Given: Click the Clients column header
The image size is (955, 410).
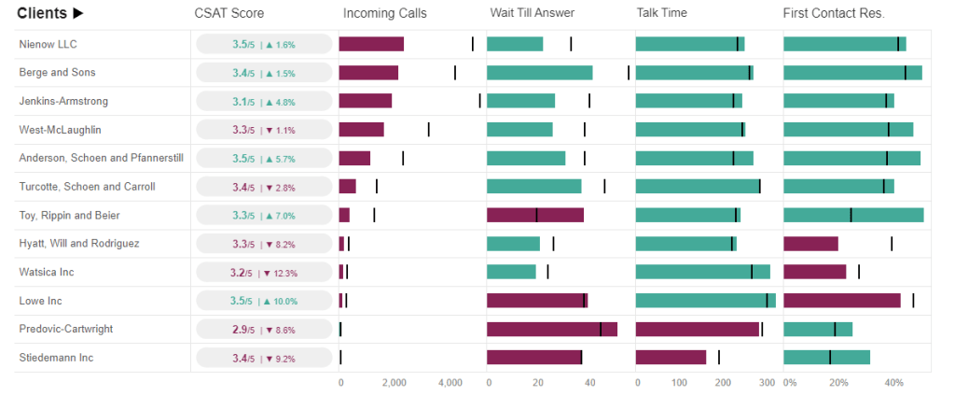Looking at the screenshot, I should pyautogui.click(x=50, y=13).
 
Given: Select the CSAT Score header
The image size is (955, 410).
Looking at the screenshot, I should pyautogui.click(x=228, y=13).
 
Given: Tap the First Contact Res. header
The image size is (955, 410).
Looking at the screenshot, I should pyautogui.click(x=834, y=13).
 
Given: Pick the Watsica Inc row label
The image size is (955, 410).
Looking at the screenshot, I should pyautogui.click(x=46, y=272).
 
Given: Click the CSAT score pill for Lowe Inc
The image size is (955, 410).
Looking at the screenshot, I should pyautogui.click(x=264, y=301).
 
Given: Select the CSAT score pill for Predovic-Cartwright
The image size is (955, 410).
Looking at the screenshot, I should pyautogui.click(x=264, y=330).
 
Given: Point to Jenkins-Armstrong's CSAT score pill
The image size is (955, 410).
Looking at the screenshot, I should pyautogui.click(x=264, y=101).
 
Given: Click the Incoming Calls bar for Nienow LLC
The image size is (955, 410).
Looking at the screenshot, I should pyautogui.click(x=371, y=44).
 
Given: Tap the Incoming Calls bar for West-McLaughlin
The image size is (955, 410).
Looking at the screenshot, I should pyautogui.click(x=361, y=130).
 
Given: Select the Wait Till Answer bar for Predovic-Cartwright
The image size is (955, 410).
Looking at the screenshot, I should pyautogui.click(x=552, y=330).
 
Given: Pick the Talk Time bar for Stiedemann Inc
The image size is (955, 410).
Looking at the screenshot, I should pyautogui.click(x=671, y=358).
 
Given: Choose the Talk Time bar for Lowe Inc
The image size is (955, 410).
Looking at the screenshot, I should pyautogui.click(x=705, y=301).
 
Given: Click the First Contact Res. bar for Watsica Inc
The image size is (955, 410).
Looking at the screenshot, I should pyautogui.click(x=815, y=272).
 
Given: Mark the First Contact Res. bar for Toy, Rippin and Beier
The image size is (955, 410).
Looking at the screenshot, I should pyautogui.click(x=853, y=215).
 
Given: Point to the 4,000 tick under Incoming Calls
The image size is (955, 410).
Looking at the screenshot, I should pyautogui.click(x=450, y=383).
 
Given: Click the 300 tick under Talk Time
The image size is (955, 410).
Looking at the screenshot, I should pyautogui.click(x=767, y=383).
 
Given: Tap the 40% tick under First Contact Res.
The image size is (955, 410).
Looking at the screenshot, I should pyautogui.click(x=893, y=383).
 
